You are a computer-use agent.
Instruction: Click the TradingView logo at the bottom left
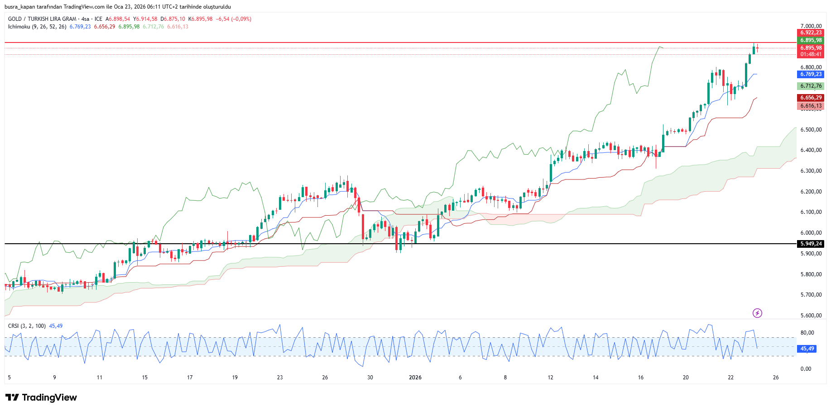41,397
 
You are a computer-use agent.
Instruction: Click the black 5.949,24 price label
811,244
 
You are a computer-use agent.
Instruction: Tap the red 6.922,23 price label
811,33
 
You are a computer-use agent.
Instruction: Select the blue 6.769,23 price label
811,74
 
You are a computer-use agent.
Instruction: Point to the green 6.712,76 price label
811,86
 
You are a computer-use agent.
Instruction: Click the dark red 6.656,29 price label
811,98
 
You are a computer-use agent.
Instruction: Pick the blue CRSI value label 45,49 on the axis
807,349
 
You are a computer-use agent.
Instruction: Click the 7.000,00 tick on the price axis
811,26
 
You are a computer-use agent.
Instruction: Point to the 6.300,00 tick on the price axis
811,171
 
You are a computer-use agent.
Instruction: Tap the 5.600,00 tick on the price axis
811,316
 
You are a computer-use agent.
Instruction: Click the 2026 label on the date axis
415,378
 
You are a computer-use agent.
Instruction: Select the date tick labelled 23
280,378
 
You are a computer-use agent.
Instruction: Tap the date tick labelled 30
370,378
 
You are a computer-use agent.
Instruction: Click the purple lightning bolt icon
757,313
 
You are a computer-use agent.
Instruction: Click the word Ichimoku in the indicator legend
19,27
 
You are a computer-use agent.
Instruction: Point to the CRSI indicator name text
14,326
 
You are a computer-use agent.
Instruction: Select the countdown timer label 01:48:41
811,54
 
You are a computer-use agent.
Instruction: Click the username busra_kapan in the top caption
19,7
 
